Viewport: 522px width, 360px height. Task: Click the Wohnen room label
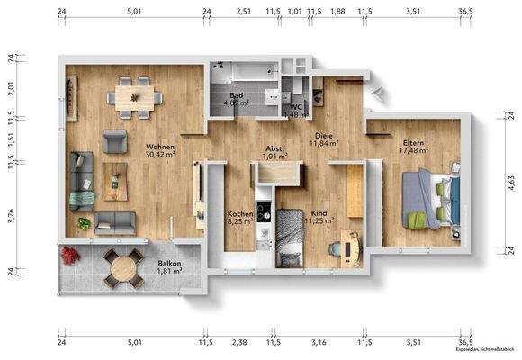coord(161,146)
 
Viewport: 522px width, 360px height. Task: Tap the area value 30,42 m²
coord(161,155)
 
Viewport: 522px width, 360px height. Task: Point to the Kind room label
coord(319,213)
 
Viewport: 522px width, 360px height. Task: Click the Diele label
coord(323,133)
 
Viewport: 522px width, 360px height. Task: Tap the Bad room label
coord(236,94)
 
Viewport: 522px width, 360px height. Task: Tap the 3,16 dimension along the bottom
coord(318,342)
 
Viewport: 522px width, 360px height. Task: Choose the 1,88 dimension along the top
coord(337,12)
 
